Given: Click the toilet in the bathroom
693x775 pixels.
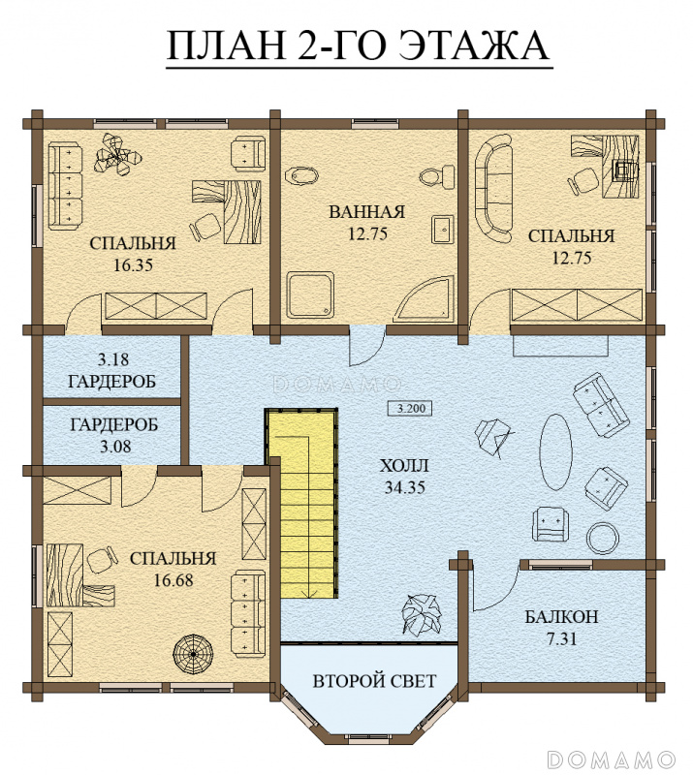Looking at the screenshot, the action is (x=437, y=177).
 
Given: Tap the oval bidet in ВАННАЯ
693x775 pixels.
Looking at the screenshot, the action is (x=301, y=175).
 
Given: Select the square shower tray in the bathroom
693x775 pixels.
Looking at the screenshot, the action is (x=310, y=294).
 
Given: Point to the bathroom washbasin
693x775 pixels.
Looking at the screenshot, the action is (x=442, y=229).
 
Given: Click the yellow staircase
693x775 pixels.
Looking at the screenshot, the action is (x=301, y=503).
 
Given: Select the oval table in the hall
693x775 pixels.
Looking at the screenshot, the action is (x=555, y=451).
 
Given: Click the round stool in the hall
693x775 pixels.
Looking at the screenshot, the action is (x=603, y=539).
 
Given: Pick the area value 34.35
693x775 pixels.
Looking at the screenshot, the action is (x=405, y=488).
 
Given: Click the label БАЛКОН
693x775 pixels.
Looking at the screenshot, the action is (x=561, y=617).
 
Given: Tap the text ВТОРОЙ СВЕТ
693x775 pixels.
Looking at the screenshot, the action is (x=374, y=681).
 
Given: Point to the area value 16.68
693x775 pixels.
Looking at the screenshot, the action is (x=173, y=580).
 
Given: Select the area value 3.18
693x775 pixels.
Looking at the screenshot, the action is (x=113, y=359).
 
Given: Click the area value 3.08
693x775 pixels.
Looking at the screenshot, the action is (x=115, y=447).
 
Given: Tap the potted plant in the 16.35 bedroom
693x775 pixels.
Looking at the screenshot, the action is (x=117, y=155).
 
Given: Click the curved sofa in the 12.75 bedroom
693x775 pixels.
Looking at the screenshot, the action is (x=492, y=190).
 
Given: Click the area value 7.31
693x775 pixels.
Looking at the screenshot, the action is (x=562, y=639).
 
